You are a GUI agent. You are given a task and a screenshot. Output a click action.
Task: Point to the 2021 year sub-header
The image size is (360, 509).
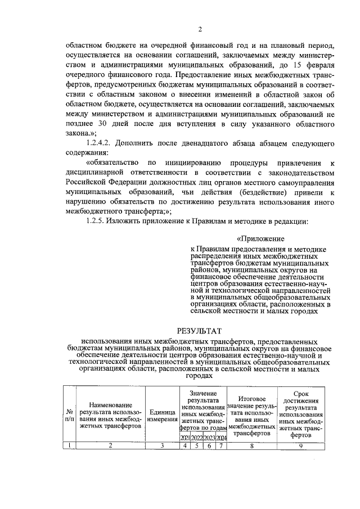tap(184, 438)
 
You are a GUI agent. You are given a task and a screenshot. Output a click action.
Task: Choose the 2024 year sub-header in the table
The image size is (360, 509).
tap(222, 438)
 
